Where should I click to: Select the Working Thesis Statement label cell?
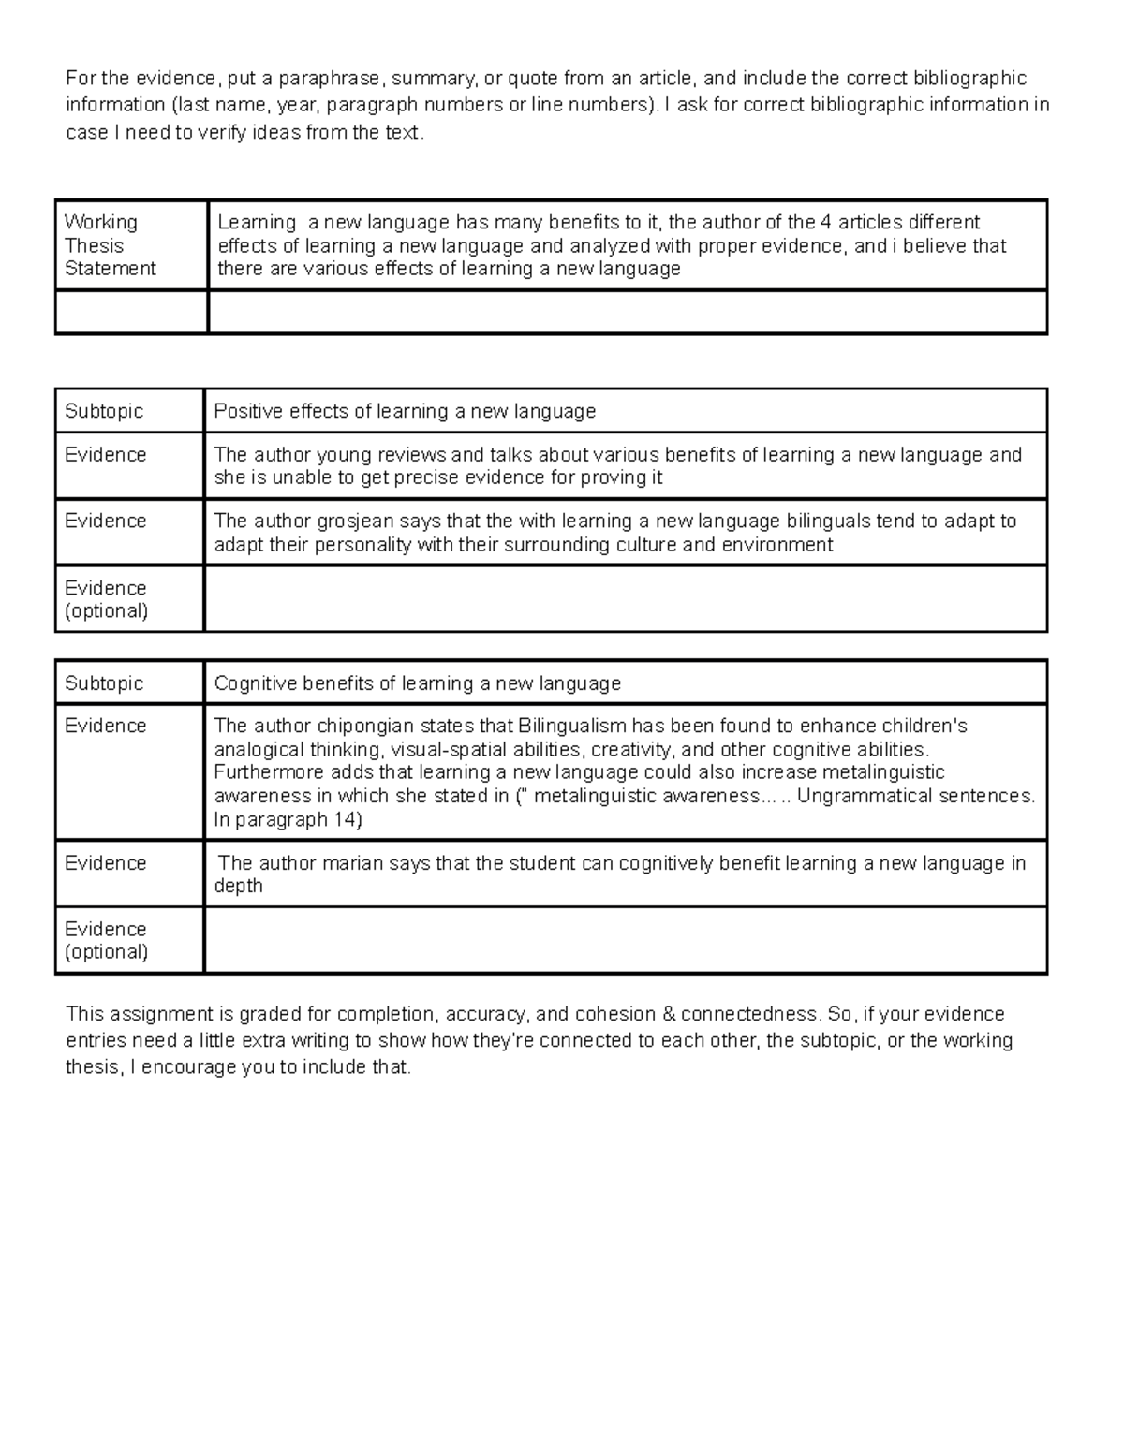point(110,245)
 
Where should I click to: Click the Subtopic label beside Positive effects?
point(104,411)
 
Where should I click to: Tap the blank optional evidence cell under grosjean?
point(626,599)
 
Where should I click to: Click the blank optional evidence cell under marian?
point(626,940)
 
